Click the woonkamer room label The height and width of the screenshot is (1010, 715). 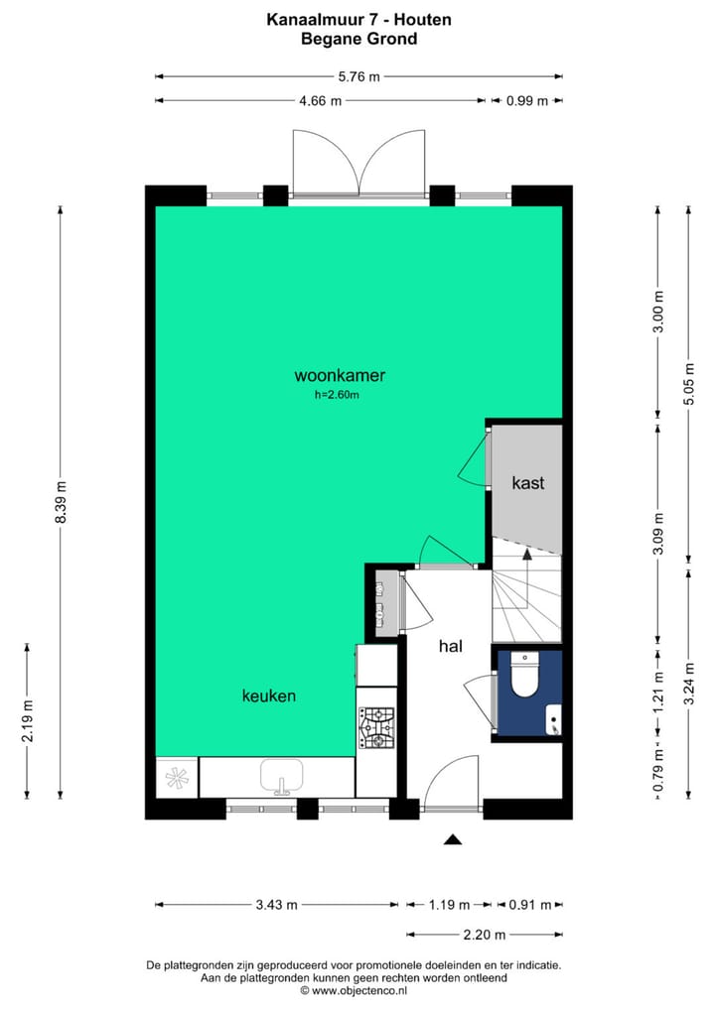(340, 376)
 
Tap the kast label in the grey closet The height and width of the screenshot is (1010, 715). (527, 483)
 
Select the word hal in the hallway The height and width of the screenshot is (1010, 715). (452, 646)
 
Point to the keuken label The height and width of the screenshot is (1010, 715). (269, 696)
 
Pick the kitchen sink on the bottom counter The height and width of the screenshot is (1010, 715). (282, 775)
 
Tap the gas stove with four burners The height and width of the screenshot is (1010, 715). (376, 727)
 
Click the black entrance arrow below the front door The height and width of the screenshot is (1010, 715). (453, 839)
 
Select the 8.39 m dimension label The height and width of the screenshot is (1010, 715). (61, 501)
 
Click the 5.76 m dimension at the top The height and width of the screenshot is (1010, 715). (358, 75)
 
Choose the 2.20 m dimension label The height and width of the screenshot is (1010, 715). (486, 935)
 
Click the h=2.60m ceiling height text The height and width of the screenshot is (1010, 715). (336, 395)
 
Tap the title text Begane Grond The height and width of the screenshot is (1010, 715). (358, 40)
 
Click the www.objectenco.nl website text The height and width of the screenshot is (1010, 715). (358, 990)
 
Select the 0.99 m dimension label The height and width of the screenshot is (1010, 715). (526, 100)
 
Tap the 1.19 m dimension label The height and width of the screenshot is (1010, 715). (448, 905)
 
